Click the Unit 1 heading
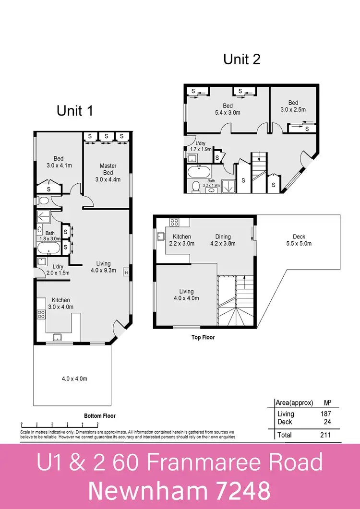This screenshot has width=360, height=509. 74,111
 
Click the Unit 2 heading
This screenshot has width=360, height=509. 242,59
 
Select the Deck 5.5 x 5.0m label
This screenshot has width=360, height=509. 299,240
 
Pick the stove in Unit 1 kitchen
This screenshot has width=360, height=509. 41,315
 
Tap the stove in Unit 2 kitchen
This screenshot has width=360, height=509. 174,222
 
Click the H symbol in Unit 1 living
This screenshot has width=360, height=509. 126,272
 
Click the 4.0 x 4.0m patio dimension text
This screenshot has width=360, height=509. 74,379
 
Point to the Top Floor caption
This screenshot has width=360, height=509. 203,338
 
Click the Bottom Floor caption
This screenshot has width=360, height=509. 99,416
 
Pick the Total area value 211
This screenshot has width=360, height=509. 324,435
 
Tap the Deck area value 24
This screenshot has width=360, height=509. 326,422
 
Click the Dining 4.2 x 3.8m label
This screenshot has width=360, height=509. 223,240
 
